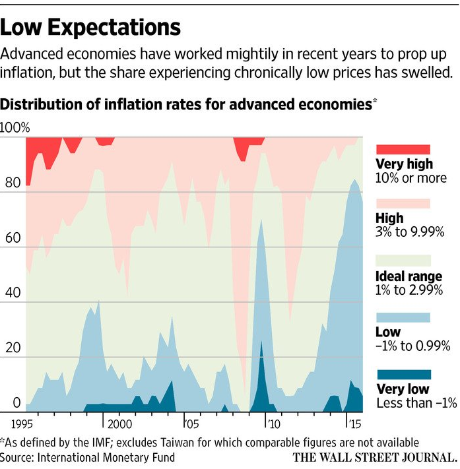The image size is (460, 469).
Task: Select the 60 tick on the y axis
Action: point(13,238)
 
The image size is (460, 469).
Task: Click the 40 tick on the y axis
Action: point(13,293)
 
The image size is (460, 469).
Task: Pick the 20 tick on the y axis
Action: point(13,348)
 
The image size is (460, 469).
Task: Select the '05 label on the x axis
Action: point(191,422)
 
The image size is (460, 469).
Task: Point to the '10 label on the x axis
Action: point(273,422)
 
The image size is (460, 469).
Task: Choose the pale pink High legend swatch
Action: point(403,203)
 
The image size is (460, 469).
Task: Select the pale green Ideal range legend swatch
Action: point(403,261)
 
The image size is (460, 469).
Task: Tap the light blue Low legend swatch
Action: point(403,317)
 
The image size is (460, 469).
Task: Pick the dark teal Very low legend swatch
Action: point(403,374)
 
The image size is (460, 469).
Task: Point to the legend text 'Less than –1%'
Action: point(416,403)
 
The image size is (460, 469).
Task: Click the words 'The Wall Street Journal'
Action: point(374,456)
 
